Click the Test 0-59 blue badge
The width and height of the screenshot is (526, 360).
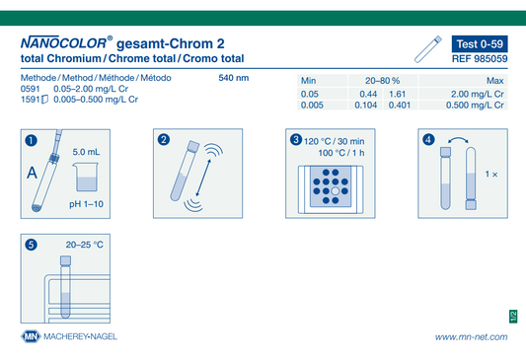[x=480, y=44]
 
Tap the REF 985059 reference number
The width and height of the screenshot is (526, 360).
[x=480, y=59]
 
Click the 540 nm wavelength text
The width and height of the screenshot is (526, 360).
[x=234, y=78]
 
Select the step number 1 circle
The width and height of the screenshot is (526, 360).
[x=32, y=140]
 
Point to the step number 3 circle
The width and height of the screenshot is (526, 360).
[x=296, y=139]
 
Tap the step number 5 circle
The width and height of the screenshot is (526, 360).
[x=32, y=245]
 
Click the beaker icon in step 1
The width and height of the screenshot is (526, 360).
[x=86, y=177]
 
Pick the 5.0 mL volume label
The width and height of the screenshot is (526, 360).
[x=86, y=152]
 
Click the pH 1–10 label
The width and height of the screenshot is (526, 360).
[x=86, y=204]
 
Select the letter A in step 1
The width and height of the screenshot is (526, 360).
[x=33, y=173]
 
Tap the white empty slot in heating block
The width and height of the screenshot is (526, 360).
[x=336, y=191]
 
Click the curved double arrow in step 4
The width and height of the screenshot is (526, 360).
[x=458, y=139]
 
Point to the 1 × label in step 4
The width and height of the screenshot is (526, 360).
[x=491, y=174]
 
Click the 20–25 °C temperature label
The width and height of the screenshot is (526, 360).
[x=85, y=245]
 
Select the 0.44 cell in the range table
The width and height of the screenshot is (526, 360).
[x=368, y=94]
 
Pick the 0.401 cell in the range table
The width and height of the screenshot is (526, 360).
[x=400, y=106]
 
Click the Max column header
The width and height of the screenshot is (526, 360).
[x=494, y=81]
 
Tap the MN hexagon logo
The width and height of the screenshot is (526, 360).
[x=31, y=336]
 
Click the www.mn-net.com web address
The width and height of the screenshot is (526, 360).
[x=472, y=337]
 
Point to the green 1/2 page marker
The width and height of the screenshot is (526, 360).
[x=513, y=317]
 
